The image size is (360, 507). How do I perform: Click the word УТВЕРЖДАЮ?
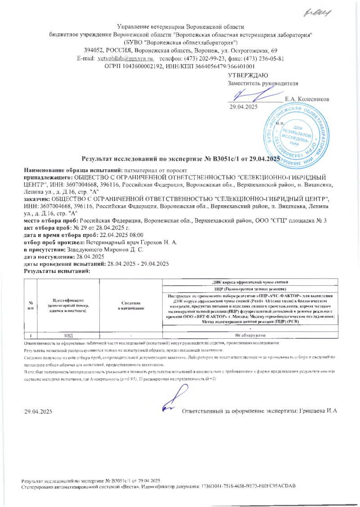[248, 75]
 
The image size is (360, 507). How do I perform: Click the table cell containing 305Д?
[68, 335]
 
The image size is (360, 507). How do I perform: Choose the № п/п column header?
[30, 305]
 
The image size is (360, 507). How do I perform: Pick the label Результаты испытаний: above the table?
[57, 272]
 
